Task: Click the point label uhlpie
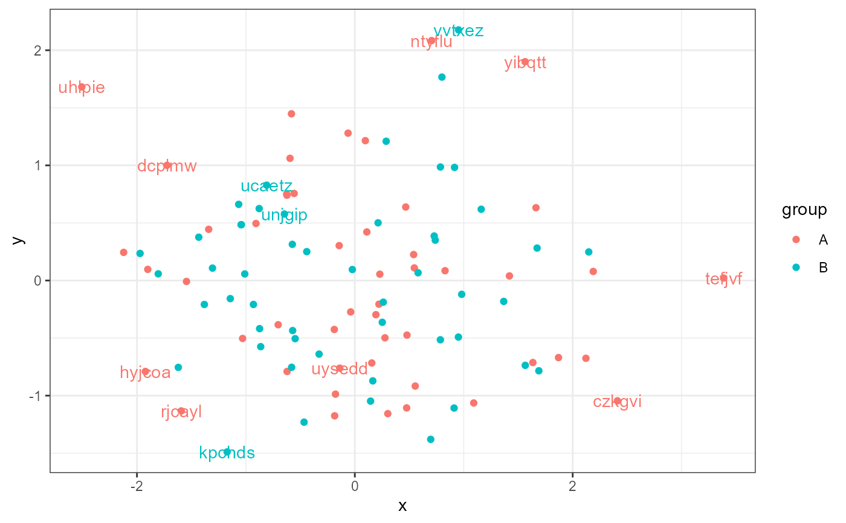[x=82, y=88]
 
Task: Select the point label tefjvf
[x=723, y=279]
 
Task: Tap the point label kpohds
[x=227, y=452]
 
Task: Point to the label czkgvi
[x=617, y=402]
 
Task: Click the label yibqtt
[x=525, y=63]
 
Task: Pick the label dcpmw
[x=167, y=166]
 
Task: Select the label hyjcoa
[x=145, y=373]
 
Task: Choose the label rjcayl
[x=181, y=412]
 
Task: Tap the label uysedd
[x=340, y=369]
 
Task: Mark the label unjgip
[x=284, y=215]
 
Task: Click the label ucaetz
[x=266, y=186]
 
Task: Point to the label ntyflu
[x=431, y=42]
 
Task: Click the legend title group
[x=804, y=210]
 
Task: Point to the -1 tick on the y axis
[x=38, y=396]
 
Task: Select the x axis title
[x=402, y=506]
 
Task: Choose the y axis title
[x=19, y=240]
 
